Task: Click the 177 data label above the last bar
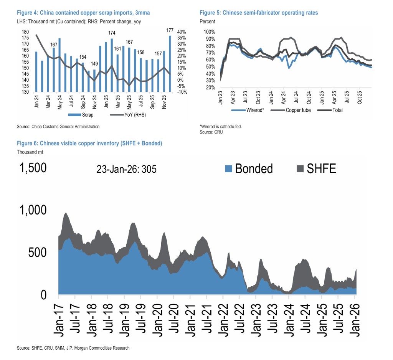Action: coord(170,30)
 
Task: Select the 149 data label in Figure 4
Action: coord(94,64)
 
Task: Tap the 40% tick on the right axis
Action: coord(182,32)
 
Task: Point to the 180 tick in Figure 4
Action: coord(26,32)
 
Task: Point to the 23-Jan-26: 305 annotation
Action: coord(127,169)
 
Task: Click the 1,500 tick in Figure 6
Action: coord(32,168)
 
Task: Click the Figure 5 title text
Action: coord(259,13)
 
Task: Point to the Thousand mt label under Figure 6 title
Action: coord(30,152)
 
